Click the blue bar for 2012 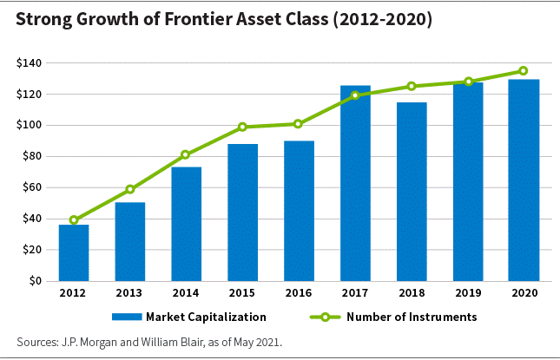(x=74, y=252)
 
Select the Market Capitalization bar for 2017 (x=355, y=183)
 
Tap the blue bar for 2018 (x=412, y=192)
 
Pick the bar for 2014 (x=187, y=224)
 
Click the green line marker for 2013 (x=130, y=189)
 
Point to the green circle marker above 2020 (x=524, y=70)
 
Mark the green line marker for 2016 (x=298, y=124)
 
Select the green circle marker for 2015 (x=242, y=127)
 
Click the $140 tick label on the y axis (x=29, y=63)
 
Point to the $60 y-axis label (x=32, y=187)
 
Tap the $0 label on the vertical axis (x=36, y=281)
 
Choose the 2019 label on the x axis (x=468, y=293)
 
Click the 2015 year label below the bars (x=242, y=293)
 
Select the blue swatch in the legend (x=127, y=317)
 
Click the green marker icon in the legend (x=325, y=317)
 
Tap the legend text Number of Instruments (x=412, y=317)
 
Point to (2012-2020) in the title (x=383, y=20)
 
